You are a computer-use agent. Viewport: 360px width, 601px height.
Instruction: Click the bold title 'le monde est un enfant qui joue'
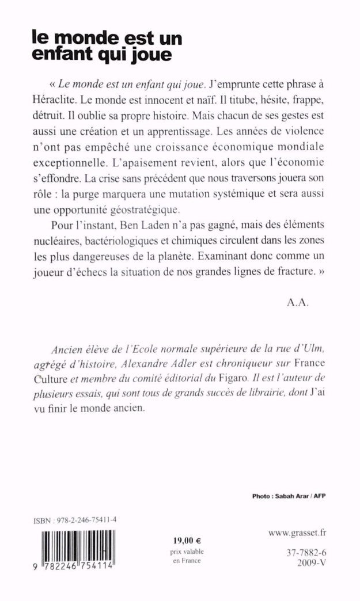coord(107,47)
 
